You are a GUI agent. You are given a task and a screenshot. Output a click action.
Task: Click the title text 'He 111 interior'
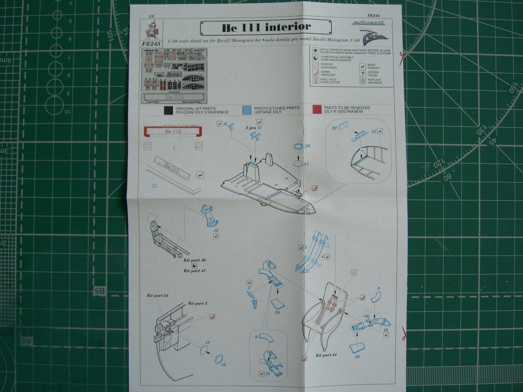tap(266, 27)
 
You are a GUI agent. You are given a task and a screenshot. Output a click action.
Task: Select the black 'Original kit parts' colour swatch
tap(169, 110)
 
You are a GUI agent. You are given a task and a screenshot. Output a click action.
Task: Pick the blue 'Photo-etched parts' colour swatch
tap(247, 110)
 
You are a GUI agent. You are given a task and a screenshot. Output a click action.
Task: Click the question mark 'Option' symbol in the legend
tap(362, 73)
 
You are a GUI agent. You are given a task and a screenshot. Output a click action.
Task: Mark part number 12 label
tap(216, 231)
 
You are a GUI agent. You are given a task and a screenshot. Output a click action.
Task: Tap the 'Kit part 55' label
tap(157, 296)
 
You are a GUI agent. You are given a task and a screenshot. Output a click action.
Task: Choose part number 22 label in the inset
tap(334, 128)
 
